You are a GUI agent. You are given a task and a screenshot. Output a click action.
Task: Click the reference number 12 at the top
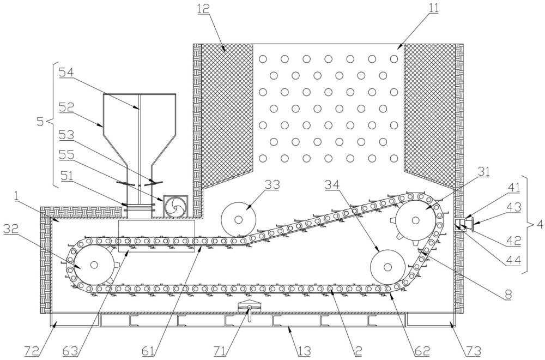[204, 8]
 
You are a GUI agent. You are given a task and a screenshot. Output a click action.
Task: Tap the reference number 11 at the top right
[433, 8]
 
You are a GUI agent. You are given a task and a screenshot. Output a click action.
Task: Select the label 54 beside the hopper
[66, 73]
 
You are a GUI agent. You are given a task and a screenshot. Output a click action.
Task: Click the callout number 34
[332, 185]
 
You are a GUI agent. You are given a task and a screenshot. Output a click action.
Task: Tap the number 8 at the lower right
[508, 295]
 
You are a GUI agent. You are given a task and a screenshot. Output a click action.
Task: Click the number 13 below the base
[305, 351]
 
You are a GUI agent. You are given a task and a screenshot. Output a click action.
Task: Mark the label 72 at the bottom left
[32, 351]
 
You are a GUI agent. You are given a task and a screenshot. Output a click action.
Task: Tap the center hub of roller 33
[239, 220]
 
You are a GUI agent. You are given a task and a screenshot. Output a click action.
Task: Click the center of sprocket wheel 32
[94, 265]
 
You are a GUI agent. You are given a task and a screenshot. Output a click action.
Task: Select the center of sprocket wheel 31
[415, 220]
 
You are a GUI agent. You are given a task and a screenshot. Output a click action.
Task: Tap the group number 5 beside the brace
[40, 122]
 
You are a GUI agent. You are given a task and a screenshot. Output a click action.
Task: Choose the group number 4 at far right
[540, 224]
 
